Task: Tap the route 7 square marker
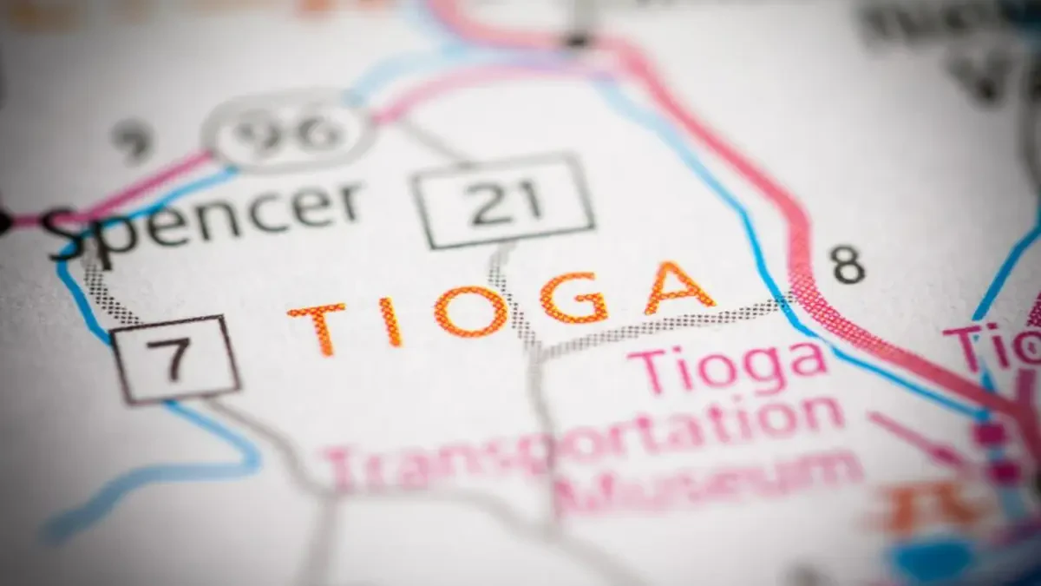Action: [175, 358]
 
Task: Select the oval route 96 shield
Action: [289, 133]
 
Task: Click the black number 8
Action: [848, 265]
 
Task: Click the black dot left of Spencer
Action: [4, 223]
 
